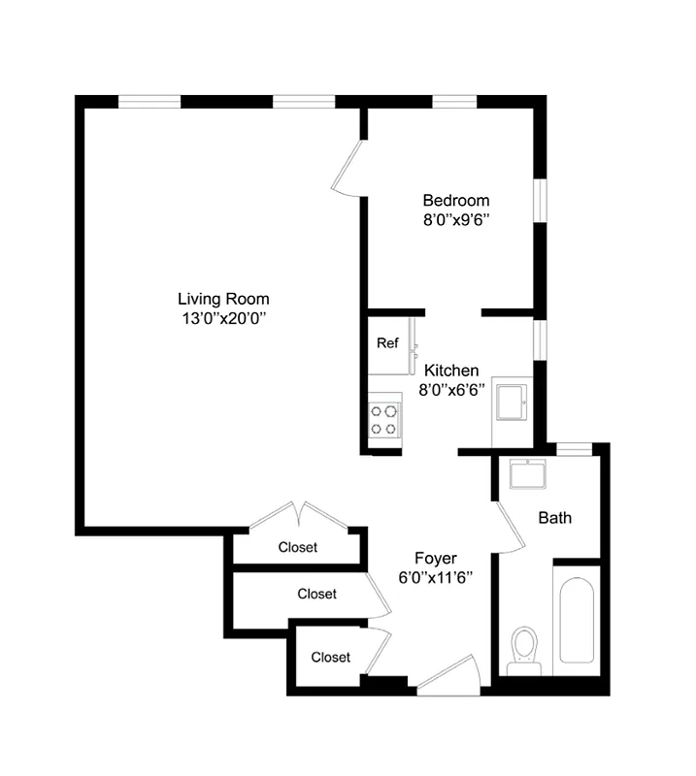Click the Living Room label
(223, 299)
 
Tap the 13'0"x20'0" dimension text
(223, 317)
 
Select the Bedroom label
(455, 201)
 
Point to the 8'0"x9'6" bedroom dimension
(455, 219)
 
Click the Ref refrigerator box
(388, 343)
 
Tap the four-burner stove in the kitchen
(383, 419)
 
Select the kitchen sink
(512, 403)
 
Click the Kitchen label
(452, 371)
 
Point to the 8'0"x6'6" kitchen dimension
(452, 389)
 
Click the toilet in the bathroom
(525, 648)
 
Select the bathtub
(577, 621)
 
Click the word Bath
(555, 518)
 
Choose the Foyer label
(436, 558)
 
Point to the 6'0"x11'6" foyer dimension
(436, 576)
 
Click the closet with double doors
(297, 547)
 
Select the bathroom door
(509, 529)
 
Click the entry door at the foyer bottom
(448, 676)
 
